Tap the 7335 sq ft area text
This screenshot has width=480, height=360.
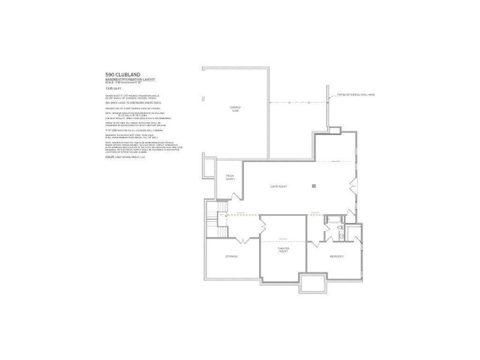coord(112,89)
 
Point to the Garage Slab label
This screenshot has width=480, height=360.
coord(235,109)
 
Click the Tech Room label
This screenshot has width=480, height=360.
coord(230,177)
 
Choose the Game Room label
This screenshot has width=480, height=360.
coord(278,187)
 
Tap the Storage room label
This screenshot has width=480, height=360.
coord(232,256)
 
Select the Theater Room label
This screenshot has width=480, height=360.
coord(283,250)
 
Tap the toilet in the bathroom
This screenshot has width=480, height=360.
coord(340,228)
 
